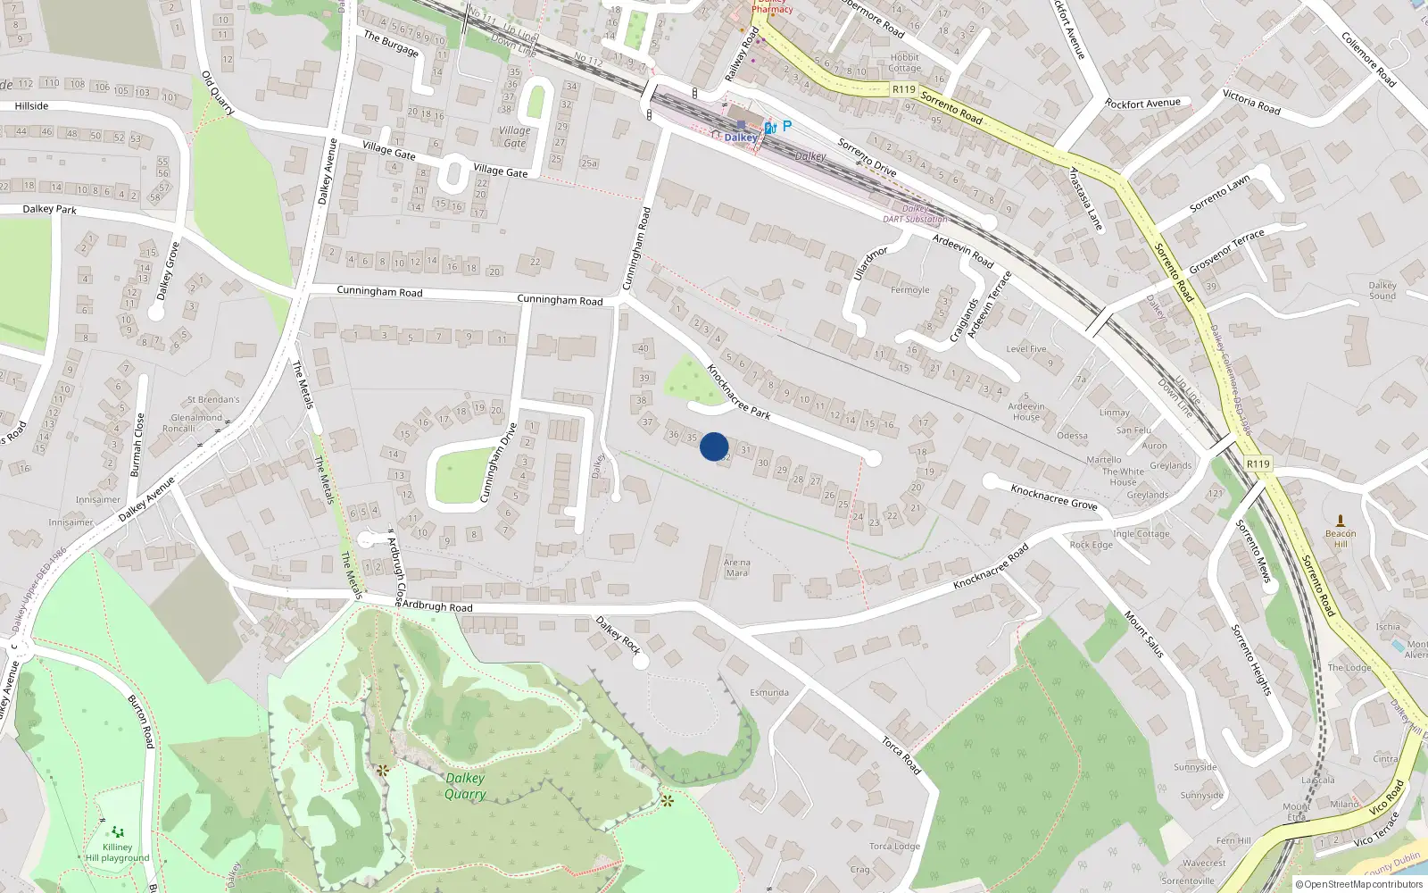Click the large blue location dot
pyautogui.click(x=714, y=446)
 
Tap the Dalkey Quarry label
pyautogui.click(x=465, y=786)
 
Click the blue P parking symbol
pyautogui.click(x=786, y=126)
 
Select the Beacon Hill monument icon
pyautogui.click(x=1340, y=521)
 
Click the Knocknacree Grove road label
pyautogui.click(x=1053, y=497)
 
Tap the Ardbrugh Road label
pyautogui.click(x=436, y=606)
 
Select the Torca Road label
pyautogui.click(x=901, y=755)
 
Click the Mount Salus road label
pyautogui.click(x=1143, y=635)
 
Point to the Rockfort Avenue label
pyautogui.click(x=1142, y=104)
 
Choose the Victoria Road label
pyautogui.click(x=1251, y=103)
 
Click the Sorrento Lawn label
pyautogui.click(x=1220, y=194)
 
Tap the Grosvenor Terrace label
pyautogui.click(x=1226, y=251)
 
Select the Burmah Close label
pyautogui.click(x=137, y=444)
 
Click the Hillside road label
pyautogui.click(x=31, y=106)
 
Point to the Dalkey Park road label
pyautogui.click(x=49, y=209)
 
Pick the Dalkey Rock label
pyautogui.click(x=619, y=635)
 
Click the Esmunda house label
pyautogui.click(x=768, y=692)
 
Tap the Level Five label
pyautogui.click(x=1025, y=349)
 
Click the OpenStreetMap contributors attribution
pyautogui.click(x=1358, y=884)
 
